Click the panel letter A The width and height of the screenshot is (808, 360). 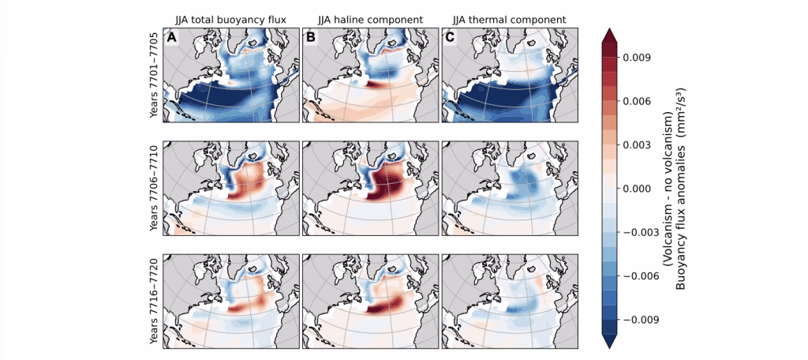[170, 38]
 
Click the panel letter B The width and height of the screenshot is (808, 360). [310, 38]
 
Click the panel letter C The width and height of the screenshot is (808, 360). [450, 38]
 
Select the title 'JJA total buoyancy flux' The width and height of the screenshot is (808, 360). [231, 20]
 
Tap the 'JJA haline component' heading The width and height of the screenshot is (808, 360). [371, 20]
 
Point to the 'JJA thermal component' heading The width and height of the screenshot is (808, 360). [511, 20]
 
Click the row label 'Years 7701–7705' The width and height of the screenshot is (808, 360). [154, 77]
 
